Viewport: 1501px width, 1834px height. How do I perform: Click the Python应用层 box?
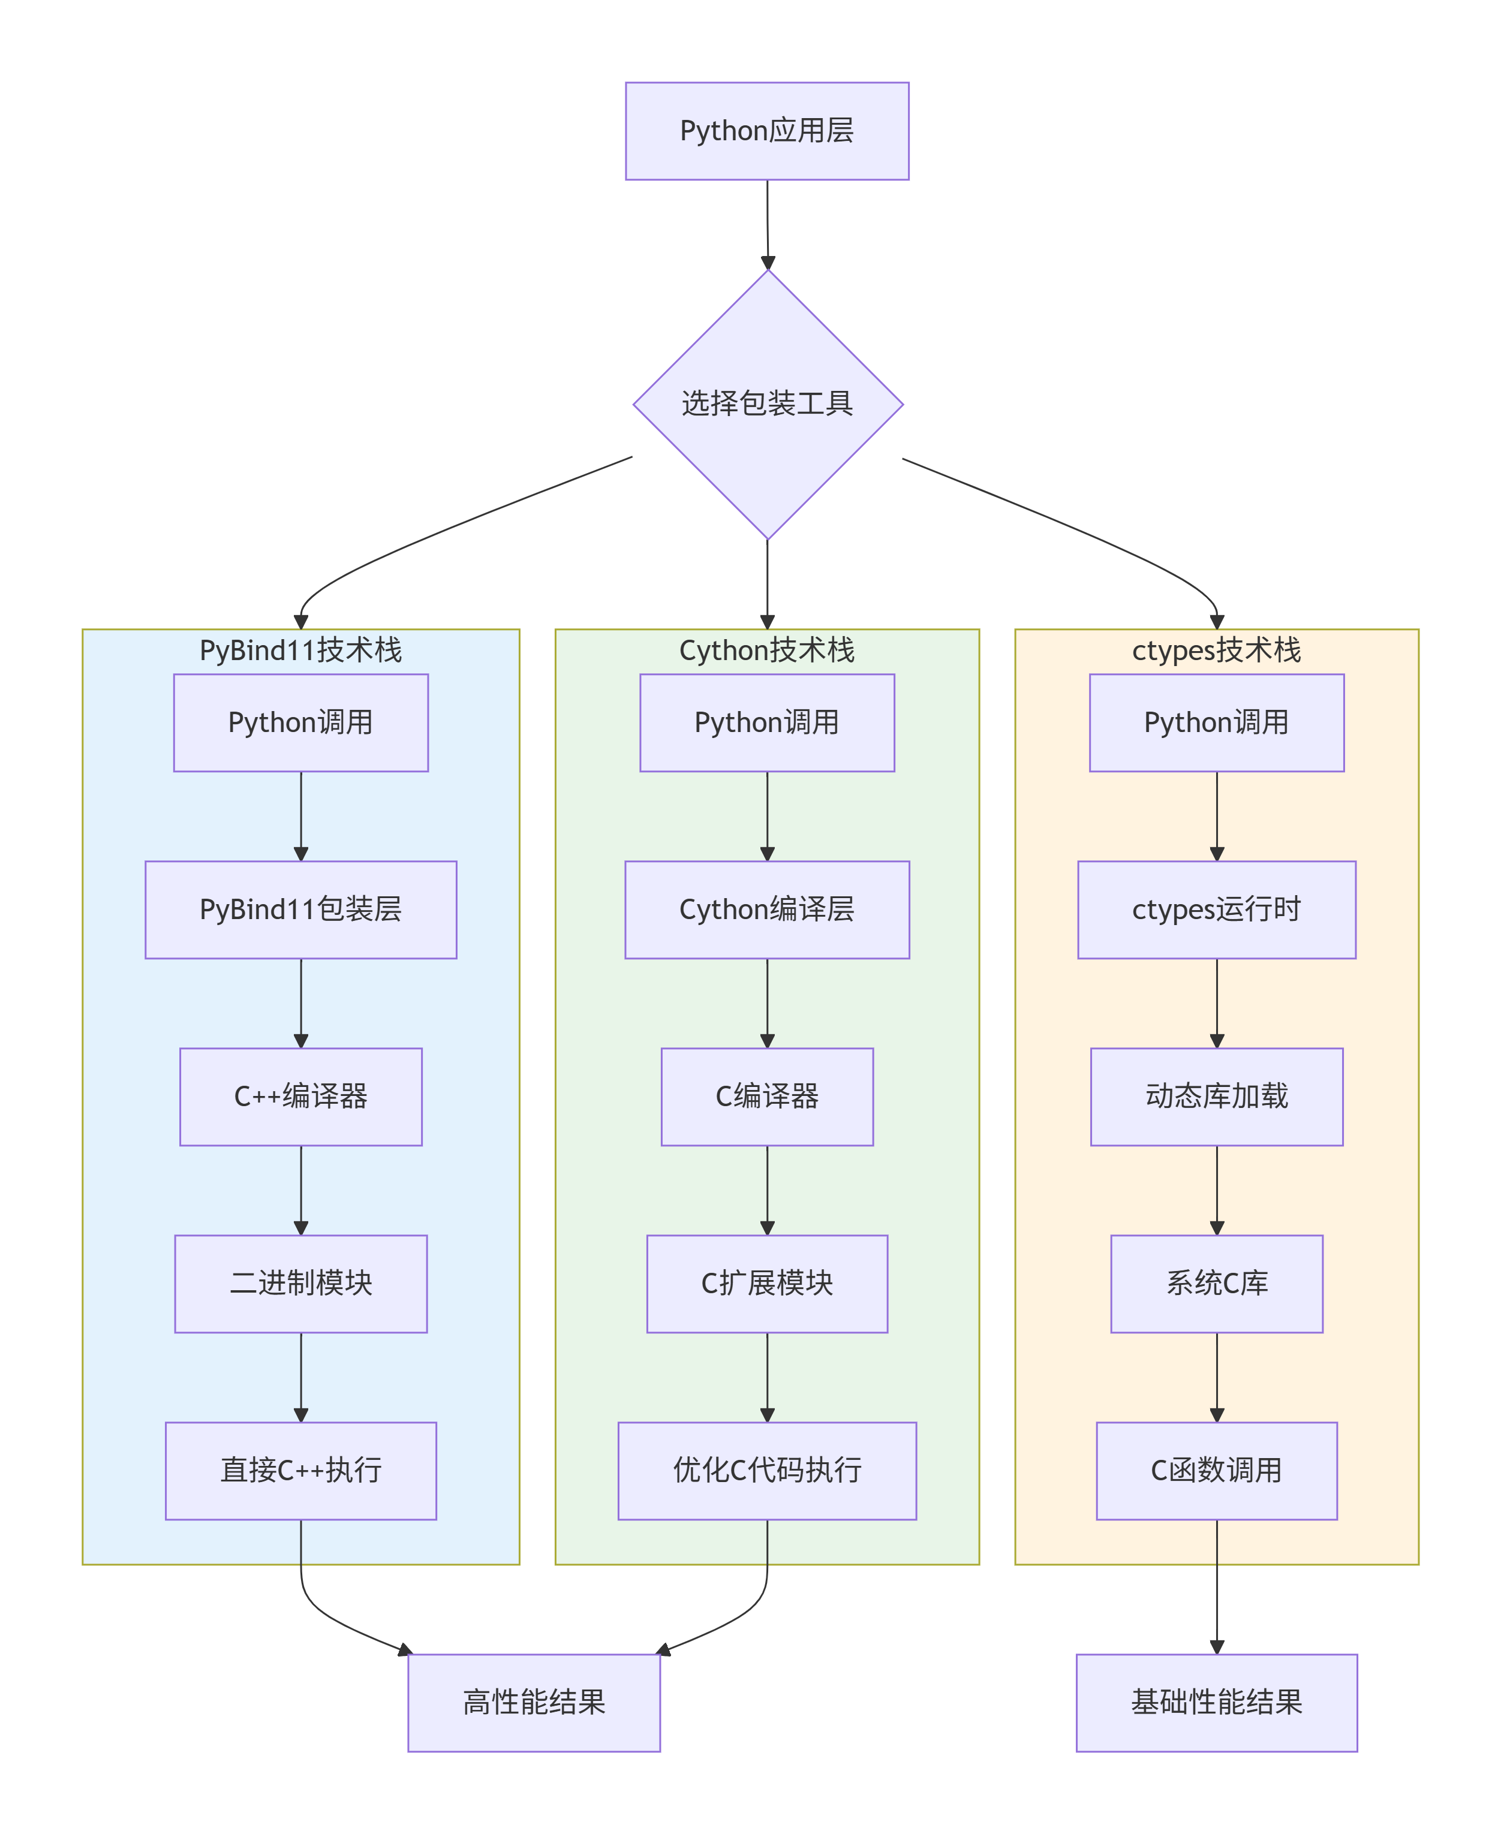[x=767, y=131]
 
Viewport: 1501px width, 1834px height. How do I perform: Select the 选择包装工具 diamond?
[x=767, y=403]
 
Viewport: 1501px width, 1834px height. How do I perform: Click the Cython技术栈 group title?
[x=767, y=650]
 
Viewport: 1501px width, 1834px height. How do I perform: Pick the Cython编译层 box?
[x=767, y=910]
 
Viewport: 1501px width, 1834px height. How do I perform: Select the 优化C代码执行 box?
[x=767, y=1470]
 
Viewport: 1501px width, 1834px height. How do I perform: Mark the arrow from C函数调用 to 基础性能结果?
[x=1217, y=1586]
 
